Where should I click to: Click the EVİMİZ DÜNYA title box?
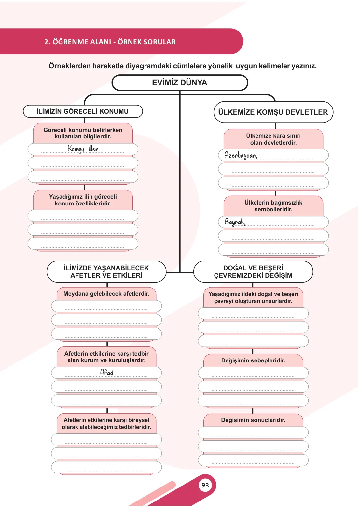(180, 83)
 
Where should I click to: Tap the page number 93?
(205, 485)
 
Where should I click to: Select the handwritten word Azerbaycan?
(241, 155)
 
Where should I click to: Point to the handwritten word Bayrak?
(235, 222)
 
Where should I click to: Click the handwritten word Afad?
(106, 372)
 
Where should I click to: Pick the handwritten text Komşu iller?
(83, 149)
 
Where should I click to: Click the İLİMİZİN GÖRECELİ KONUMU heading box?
(83, 111)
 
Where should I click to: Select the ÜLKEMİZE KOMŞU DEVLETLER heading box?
(273, 112)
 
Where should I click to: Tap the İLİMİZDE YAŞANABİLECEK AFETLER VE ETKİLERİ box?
(106, 272)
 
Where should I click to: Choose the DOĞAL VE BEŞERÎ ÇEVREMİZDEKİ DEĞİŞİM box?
(253, 272)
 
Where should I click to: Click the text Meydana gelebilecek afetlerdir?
(106, 294)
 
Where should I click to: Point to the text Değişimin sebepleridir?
(253, 360)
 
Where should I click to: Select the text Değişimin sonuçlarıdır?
(253, 420)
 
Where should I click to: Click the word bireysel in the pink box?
(138, 420)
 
